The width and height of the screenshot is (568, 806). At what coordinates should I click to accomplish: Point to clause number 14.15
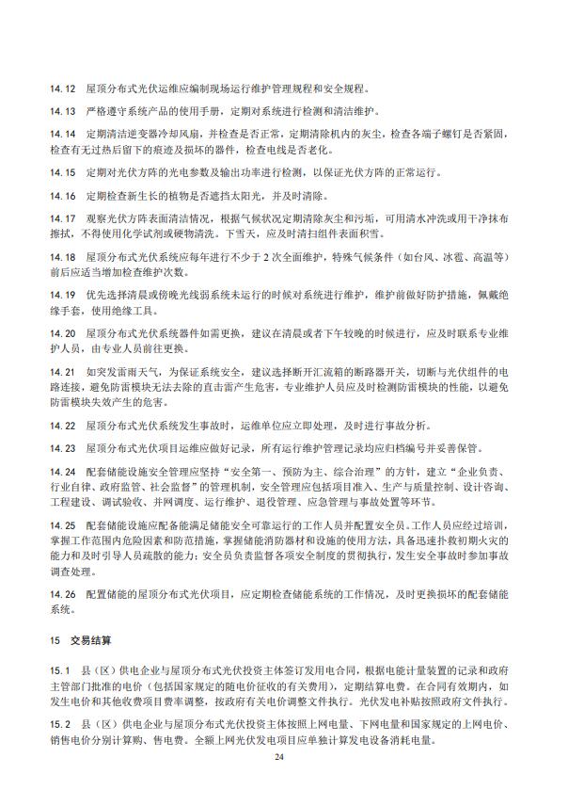(63, 173)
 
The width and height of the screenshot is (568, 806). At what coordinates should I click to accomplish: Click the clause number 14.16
(63, 196)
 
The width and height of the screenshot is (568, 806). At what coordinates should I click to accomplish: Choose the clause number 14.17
(63, 218)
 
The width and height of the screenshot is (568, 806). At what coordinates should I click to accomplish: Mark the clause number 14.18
(63, 257)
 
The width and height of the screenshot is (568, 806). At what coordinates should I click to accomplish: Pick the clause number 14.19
(63, 295)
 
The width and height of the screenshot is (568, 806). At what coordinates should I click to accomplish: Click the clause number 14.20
(63, 333)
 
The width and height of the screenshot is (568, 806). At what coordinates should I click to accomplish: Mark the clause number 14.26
(63, 595)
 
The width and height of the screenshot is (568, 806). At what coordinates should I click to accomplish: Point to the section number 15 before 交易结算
(55, 640)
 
